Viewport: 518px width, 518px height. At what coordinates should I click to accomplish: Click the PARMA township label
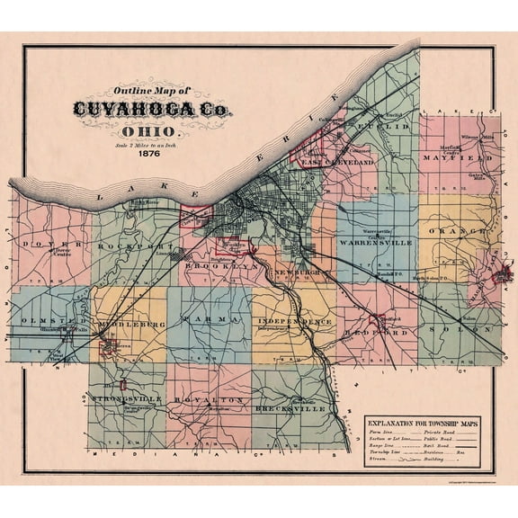click(x=208, y=319)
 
